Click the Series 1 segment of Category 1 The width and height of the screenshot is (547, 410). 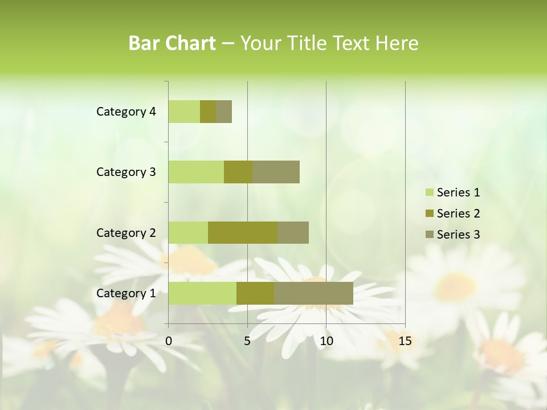click(202, 293)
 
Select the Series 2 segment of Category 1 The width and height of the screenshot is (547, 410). click(255, 293)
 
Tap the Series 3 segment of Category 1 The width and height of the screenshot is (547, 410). click(313, 293)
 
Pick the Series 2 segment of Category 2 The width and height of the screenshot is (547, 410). click(243, 232)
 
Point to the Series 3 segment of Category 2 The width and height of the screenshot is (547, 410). click(293, 232)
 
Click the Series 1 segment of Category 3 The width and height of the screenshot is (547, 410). click(196, 172)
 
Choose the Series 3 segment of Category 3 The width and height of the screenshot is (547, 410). click(276, 172)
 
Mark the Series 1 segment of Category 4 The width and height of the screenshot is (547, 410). click(184, 112)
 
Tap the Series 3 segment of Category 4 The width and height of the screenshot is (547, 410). click(224, 112)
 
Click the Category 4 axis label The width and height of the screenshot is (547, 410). click(126, 112)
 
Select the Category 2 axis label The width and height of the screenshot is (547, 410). click(126, 232)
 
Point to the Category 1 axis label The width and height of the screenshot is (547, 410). click(126, 293)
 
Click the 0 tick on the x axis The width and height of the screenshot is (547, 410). click(169, 341)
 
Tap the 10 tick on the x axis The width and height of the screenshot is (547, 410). click(326, 341)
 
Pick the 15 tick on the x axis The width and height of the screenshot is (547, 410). click(405, 341)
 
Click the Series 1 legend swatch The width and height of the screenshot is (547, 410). click(428, 192)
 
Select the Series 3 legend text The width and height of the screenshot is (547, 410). click(458, 235)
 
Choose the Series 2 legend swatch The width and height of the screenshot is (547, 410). click(428, 214)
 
